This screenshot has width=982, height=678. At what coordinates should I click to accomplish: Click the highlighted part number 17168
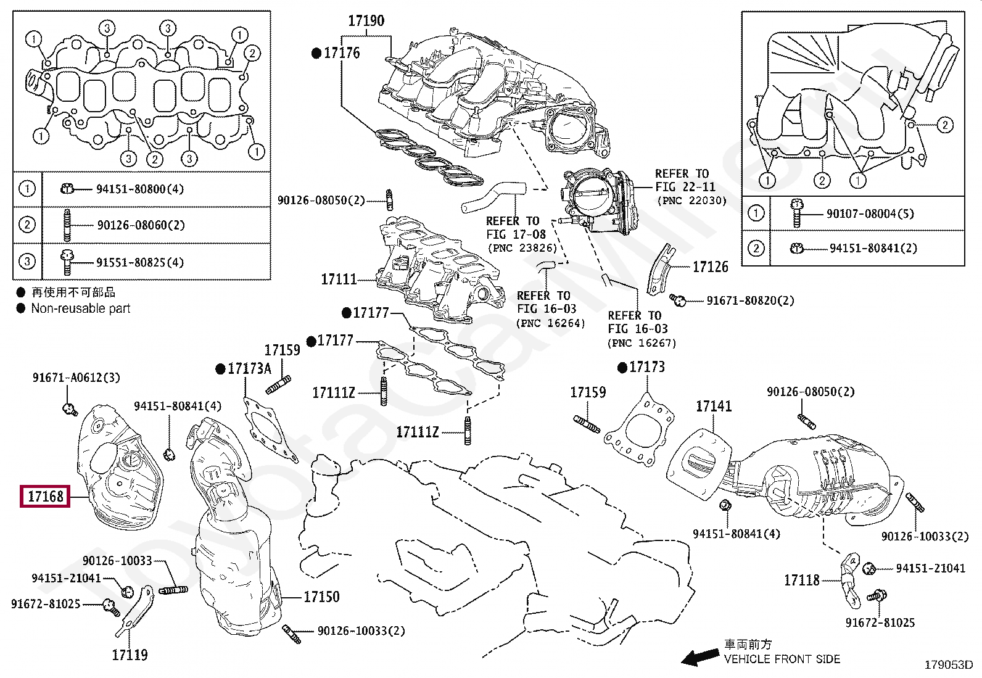46,495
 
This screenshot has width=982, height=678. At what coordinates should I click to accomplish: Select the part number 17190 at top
366,21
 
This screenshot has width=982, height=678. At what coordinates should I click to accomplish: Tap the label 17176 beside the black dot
342,53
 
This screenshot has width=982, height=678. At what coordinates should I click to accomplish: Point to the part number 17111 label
339,279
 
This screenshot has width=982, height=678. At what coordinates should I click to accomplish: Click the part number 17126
710,267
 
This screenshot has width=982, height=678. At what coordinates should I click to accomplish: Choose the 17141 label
714,406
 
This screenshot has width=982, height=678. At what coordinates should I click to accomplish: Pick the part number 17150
321,597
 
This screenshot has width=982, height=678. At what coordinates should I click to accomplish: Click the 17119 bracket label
130,655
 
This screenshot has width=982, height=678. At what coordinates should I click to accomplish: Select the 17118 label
802,581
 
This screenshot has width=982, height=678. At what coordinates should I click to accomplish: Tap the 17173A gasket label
249,369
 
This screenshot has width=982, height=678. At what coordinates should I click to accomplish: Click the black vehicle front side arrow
699,658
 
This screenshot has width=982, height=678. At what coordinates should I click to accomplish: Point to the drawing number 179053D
948,665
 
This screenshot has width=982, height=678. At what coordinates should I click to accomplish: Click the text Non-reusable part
81,308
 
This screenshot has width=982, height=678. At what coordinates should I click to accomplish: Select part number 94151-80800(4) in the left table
140,189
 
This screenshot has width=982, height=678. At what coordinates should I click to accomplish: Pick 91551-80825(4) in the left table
140,262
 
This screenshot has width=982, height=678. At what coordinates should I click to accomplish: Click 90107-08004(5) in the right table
870,213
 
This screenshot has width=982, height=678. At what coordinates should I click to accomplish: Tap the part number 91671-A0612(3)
76,377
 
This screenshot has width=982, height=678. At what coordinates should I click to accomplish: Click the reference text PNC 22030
692,201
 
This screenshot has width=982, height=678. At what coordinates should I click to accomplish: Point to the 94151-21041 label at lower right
930,568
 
